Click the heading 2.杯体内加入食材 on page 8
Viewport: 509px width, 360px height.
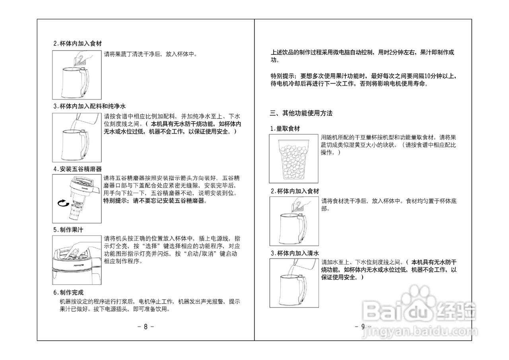[80, 43]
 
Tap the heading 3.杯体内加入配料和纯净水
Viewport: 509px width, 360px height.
[89, 106]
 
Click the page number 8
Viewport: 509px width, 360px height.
[146, 327]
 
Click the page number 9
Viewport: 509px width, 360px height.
[363, 327]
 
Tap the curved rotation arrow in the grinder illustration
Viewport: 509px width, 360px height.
[63, 204]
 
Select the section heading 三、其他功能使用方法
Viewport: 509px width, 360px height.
[301, 113]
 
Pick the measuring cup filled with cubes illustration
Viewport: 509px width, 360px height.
[293, 158]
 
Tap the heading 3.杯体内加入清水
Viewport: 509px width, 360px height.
[295, 253]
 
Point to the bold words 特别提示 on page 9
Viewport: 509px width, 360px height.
[282, 76]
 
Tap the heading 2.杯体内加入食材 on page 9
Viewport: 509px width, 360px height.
[295, 191]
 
